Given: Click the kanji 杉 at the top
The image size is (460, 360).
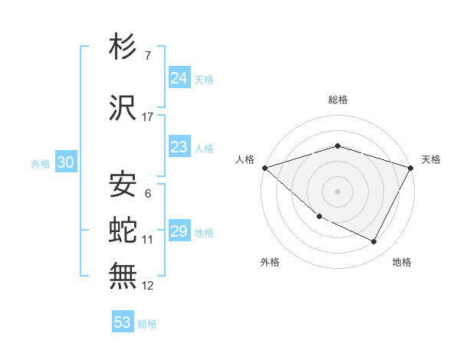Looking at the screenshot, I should pos(123,47).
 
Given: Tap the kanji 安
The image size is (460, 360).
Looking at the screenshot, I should pos(123,185).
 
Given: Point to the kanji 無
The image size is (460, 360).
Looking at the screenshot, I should pos(123,275).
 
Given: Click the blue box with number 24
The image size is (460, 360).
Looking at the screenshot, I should pos(179,77).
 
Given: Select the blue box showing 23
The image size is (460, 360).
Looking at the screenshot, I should pos(179,147).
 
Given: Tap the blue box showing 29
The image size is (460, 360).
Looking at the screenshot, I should pos(179,231).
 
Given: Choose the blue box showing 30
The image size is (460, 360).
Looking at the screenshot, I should pos(66,162).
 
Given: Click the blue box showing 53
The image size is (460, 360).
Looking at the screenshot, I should pos(123,322).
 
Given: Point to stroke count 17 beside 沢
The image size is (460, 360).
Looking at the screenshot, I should pos(148,117).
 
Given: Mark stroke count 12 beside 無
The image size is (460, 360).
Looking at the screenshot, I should pos(148,286).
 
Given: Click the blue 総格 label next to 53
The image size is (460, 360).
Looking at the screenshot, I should pos(148,324).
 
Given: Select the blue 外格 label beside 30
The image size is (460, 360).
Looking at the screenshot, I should pos(41,164).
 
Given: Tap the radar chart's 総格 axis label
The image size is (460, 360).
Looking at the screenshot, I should pos(337,100).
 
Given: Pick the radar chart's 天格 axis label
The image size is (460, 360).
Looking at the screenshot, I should pos(431,160).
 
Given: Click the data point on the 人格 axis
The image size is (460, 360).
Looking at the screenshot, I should pos(264,167).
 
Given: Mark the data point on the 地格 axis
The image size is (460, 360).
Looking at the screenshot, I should pos(374,241).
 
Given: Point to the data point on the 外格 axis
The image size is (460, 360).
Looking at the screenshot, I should pos(319,217).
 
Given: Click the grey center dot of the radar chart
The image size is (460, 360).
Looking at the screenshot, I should pos(337,191).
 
